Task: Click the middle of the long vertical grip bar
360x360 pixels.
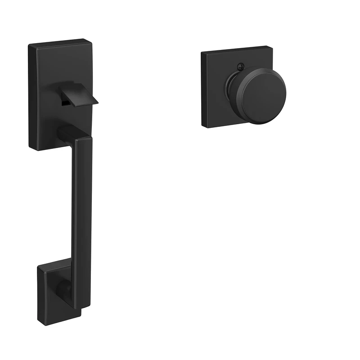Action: pyautogui.click(x=83, y=216)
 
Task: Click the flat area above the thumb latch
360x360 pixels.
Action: pyautogui.click(x=63, y=63)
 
